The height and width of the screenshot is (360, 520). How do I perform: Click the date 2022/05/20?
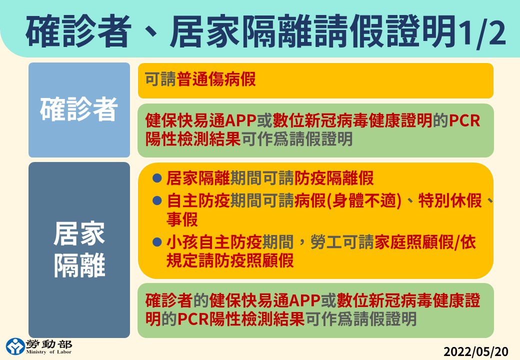coord(475,351)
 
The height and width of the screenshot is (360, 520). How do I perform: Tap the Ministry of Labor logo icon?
coord(15,346)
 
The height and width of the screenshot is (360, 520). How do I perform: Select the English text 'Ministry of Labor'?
coord(49,352)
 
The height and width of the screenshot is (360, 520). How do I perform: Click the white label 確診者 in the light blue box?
coord(79,109)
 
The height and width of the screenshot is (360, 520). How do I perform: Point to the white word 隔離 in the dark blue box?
coord(79,265)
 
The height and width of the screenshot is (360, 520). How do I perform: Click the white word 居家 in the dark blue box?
coord(79,233)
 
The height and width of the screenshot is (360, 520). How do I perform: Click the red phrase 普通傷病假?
coord(216,79)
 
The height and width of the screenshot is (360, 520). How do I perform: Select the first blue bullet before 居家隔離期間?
coord(157,178)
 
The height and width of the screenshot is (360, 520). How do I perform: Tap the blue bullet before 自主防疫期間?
coord(157,200)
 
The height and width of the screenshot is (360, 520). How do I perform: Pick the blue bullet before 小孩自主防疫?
coord(157,242)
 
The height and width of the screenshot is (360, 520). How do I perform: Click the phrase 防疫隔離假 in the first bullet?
coord(334,178)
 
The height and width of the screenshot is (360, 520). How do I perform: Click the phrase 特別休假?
coord(449,200)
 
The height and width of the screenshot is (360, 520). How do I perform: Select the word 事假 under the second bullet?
coord(182,219)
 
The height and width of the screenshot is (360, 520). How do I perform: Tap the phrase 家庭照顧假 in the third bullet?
coord(414,242)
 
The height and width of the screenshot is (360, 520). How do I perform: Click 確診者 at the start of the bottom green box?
coord(169,300)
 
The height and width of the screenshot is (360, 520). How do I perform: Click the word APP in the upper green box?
coord(241,120)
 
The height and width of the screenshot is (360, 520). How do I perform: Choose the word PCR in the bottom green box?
coord(193,319)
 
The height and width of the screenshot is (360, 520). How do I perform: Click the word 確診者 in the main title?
coord(78,32)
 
